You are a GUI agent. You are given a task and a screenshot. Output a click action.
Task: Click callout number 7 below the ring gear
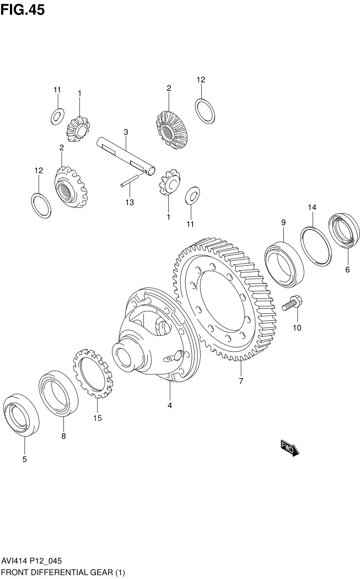tap(241, 381)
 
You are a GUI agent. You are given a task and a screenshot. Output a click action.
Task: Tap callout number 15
tap(98, 418)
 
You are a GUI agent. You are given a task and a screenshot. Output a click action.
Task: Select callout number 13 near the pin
tap(129, 202)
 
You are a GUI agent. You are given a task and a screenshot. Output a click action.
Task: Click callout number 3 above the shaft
tap(126, 132)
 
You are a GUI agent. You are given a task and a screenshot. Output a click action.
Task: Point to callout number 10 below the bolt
tap(297, 328)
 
